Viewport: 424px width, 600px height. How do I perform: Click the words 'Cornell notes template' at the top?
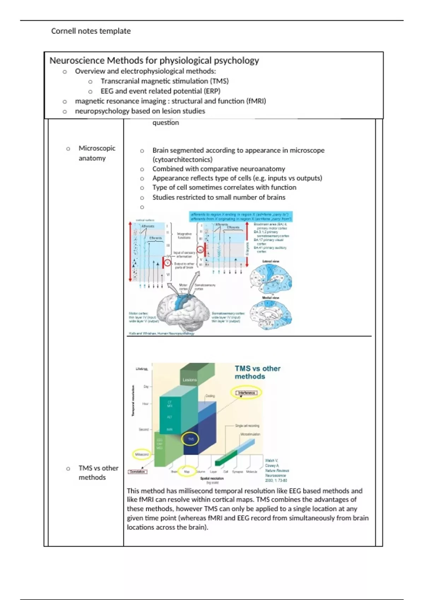pyautogui.click(x=91, y=31)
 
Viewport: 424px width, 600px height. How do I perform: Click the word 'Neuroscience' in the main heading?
pyautogui.click(x=77, y=61)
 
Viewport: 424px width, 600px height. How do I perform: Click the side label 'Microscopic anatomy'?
pyautogui.click(x=96, y=153)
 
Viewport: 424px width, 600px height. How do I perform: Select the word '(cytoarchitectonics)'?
pyautogui.click(x=182, y=160)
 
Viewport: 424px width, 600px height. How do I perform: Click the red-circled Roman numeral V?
pyautogui.click(x=168, y=263)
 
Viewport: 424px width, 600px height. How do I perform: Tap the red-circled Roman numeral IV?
pyautogui.click(x=200, y=250)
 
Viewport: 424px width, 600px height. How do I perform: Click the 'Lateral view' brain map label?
pyautogui.click(x=271, y=261)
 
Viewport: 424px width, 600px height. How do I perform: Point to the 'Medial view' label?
pyautogui.click(x=271, y=298)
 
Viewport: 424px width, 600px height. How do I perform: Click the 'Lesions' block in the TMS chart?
pyautogui.click(x=190, y=380)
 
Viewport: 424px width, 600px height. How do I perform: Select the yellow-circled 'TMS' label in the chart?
pyautogui.click(x=191, y=439)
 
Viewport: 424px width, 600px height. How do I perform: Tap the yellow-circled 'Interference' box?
pyautogui.click(x=246, y=393)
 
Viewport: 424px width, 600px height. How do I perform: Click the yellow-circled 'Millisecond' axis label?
pyautogui.click(x=142, y=454)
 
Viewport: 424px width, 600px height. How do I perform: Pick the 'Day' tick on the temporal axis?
pyautogui.click(x=146, y=386)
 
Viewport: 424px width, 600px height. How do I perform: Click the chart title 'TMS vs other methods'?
pyautogui.click(x=257, y=372)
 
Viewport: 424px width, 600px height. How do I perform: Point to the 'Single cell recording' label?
pyautogui.click(x=247, y=426)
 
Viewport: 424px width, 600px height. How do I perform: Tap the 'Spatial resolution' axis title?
pyautogui.click(x=212, y=478)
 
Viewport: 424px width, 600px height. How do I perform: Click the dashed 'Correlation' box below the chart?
pyautogui.click(x=137, y=472)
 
